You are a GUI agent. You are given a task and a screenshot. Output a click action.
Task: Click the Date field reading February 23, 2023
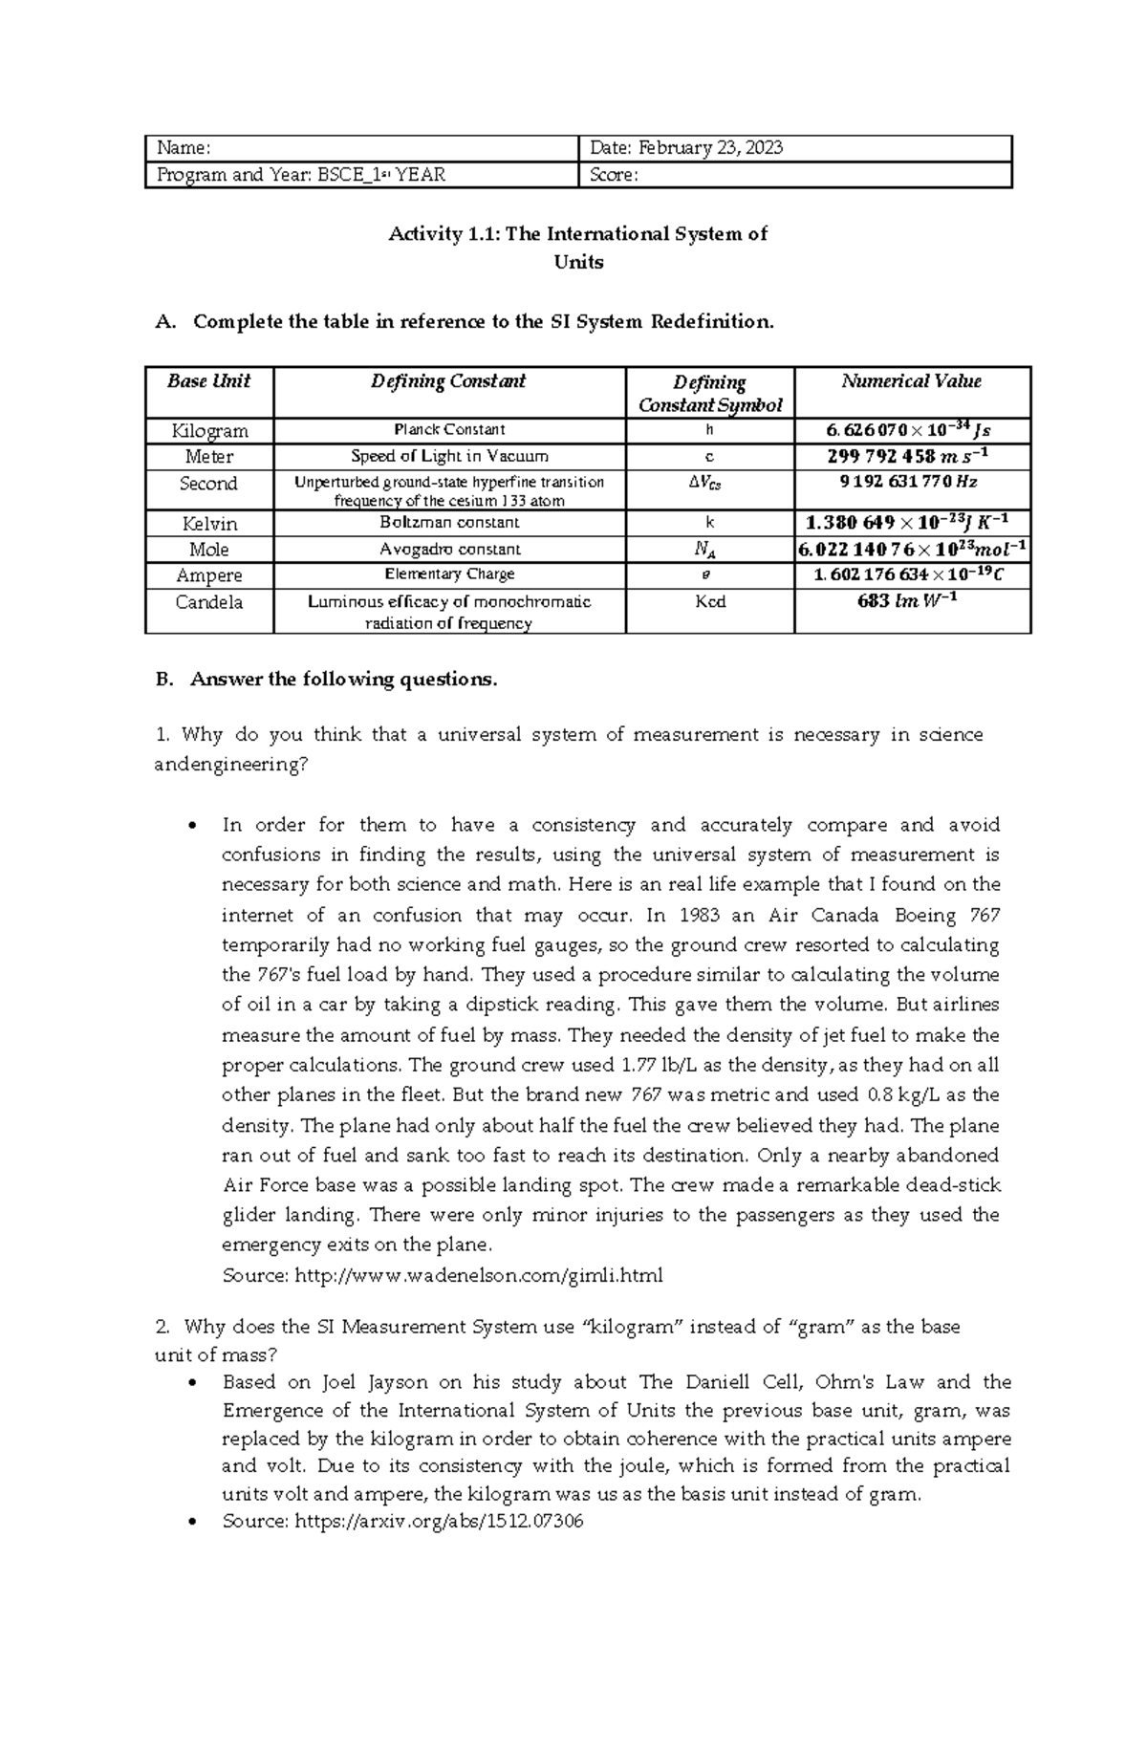pyautogui.click(x=687, y=148)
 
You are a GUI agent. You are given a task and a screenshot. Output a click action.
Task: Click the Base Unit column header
pyautogui.click(x=208, y=380)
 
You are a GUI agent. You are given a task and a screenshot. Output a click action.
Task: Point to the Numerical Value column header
pyautogui.click(x=911, y=380)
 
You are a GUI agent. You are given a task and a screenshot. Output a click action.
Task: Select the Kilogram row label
pyautogui.click(x=209, y=430)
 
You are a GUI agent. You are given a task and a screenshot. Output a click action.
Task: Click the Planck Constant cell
pyautogui.click(x=449, y=429)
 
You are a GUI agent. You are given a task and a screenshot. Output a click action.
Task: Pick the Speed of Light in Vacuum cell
pyautogui.click(x=449, y=456)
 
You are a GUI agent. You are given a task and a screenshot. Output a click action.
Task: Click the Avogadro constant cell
pyautogui.click(x=449, y=549)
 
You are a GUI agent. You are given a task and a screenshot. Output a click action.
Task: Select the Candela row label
pyautogui.click(x=209, y=602)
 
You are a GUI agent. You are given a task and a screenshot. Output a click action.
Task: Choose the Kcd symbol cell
pyautogui.click(x=710, y=602)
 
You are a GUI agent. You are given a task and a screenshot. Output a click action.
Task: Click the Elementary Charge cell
pyautogui.click(x=449, y=574)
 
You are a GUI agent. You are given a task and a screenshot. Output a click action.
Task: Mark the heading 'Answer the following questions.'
pyautogui.click(x=344, y=680)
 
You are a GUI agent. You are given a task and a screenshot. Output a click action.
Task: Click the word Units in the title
pyautogui.click(x=578, y=262)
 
